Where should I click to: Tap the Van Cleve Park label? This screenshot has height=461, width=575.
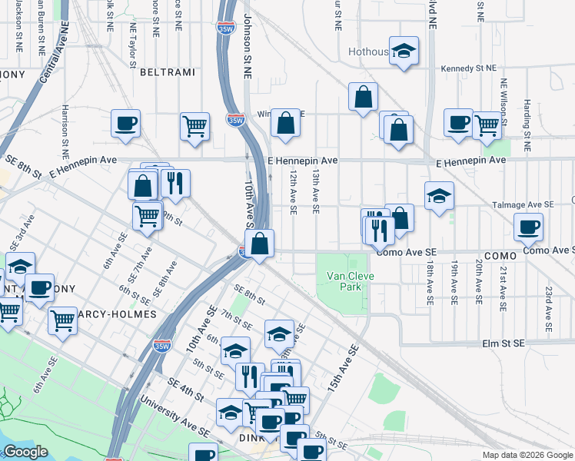(x=344, y=281)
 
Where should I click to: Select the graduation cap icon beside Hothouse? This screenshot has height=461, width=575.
(x=404, y=52)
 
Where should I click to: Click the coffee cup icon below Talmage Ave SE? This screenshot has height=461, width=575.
(x=528, y=227)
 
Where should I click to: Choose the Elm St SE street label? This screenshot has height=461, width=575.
(x=503, y=343)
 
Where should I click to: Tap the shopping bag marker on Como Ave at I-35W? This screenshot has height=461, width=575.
(x=261, y=244)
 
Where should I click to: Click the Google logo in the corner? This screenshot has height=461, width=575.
(x=25, y=452)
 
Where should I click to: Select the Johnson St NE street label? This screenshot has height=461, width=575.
(x=248, y=46)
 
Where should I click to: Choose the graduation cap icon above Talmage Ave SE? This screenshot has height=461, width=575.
(x=439, y=196)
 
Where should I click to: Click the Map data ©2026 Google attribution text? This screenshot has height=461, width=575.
(x=527, y=455)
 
